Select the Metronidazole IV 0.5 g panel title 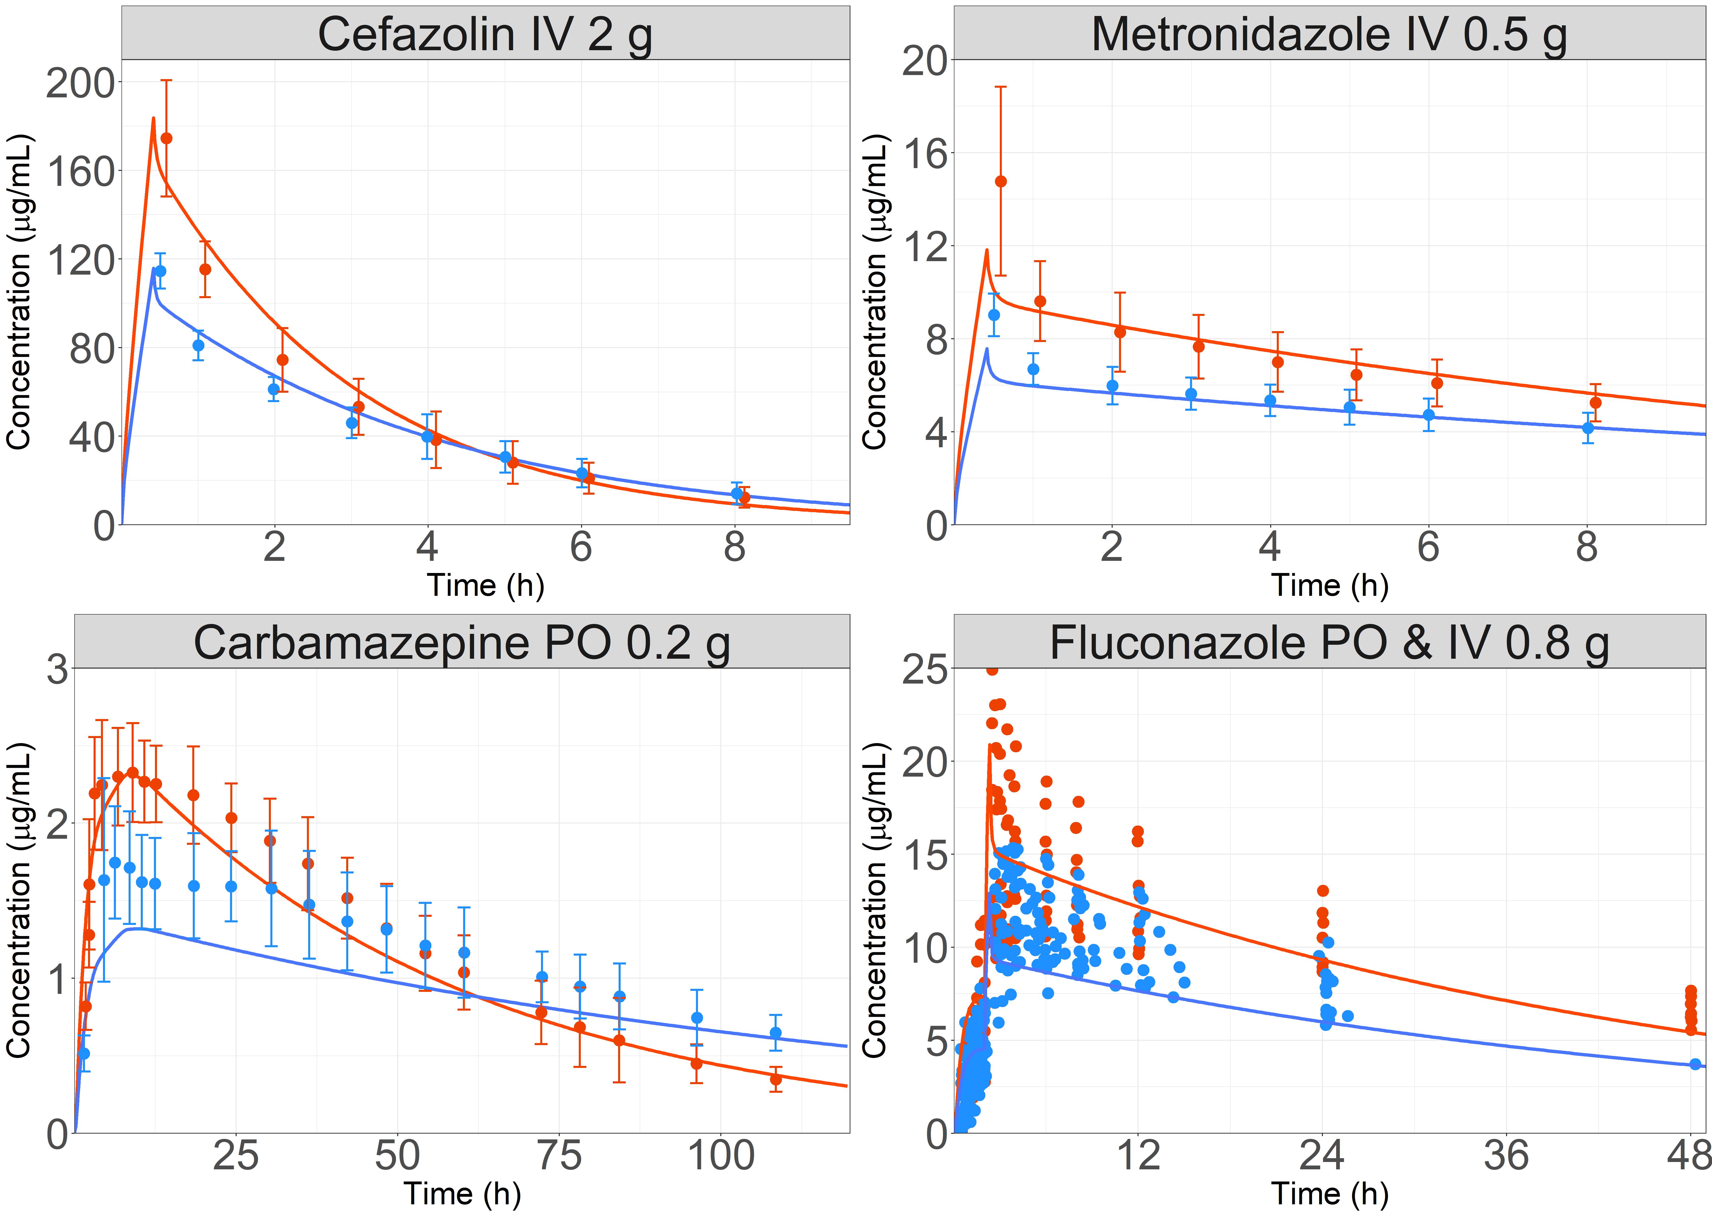pyautogui.click(x=1329, y=34)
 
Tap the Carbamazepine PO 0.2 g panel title pyautogui.click(x=462, y=643)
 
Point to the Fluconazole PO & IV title pyautogui.click(x=1329, y=643)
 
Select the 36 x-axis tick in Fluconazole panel pyautogui.click(x=1506, y=1156)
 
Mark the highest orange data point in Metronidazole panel pyautogui.click(x=1001, y=181)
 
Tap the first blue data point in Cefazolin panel pyautogui.click(x=160, y=271)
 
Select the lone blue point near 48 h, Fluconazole pyautogui.click(x=1696, y=1064)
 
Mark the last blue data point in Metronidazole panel pyautogui.click(x=1587, y=428)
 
